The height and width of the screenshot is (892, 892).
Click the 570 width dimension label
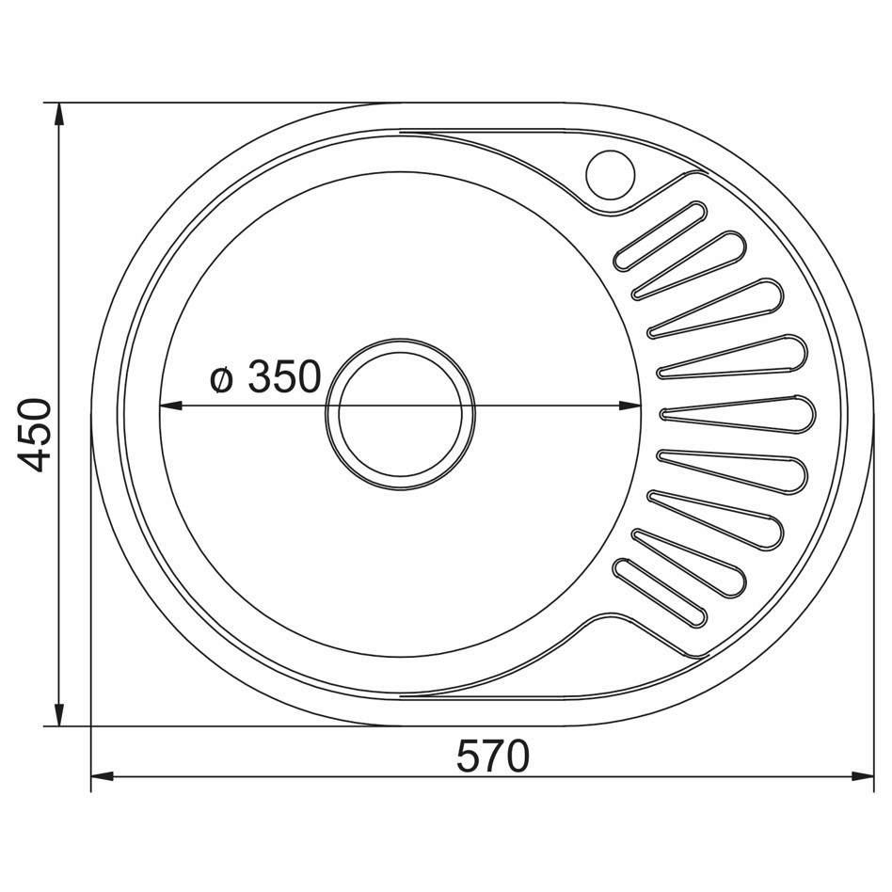pos(493,757)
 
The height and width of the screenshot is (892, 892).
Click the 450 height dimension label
pos(34,436)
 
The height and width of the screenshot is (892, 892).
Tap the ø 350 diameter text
pos(265,376)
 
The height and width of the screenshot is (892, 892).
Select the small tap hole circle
pos(610,175)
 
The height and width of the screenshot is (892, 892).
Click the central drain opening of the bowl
pos(401,414)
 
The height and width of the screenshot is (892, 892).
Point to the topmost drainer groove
pos(660,236)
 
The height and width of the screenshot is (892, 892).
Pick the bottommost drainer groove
pos(660,593)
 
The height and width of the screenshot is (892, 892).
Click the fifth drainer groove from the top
pos(738,415)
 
